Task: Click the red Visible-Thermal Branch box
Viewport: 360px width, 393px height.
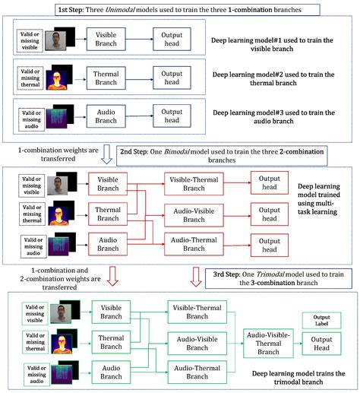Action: coord(196,184)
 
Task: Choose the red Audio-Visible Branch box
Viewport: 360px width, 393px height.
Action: coord(196,214)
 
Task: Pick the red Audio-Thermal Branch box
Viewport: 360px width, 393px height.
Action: coord(196,244)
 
